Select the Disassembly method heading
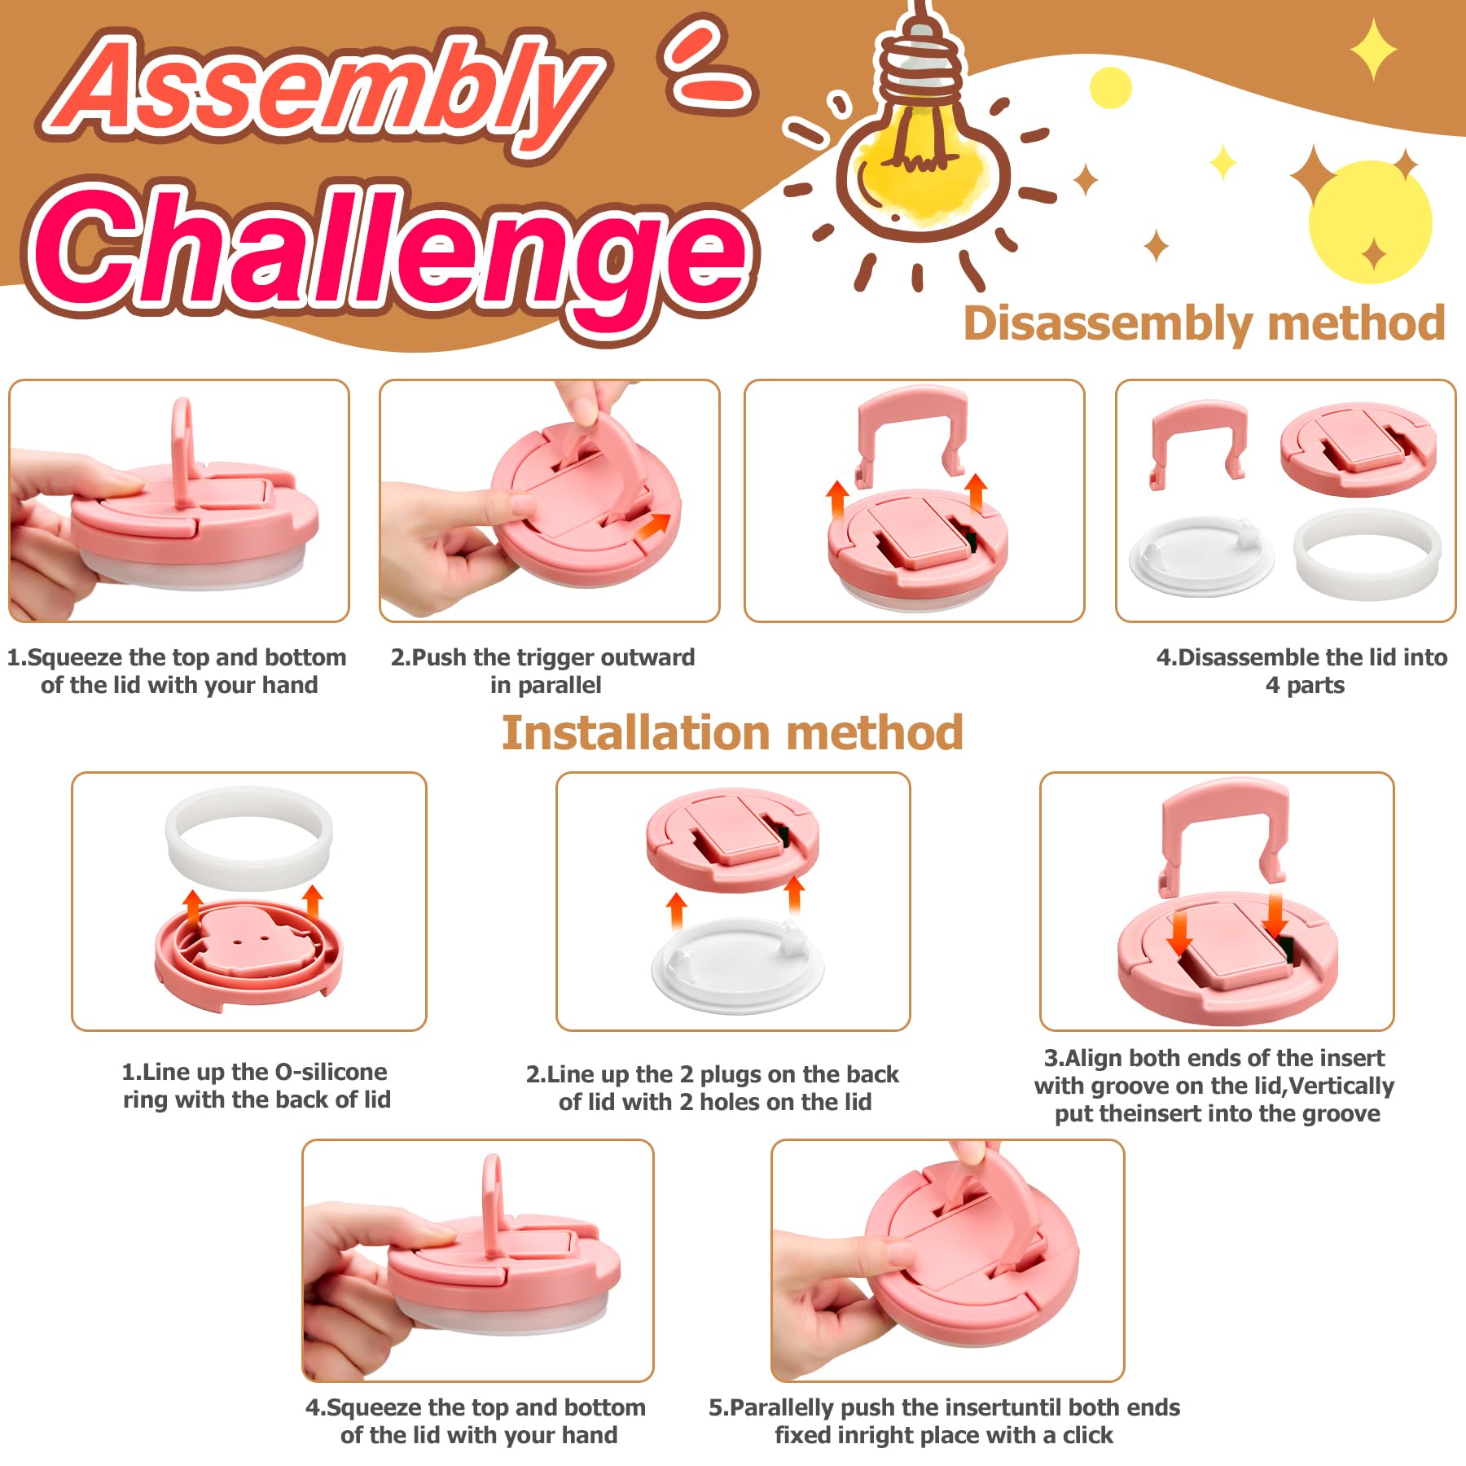point(1204,323)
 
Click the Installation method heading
point(732,732)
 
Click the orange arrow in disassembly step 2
point(652,527)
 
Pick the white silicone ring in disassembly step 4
point(1367,554)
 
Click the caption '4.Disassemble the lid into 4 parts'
point(1301,670)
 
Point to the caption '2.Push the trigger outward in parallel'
point(543,670)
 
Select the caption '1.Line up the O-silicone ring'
point(256,1085)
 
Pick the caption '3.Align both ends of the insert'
point(1215,1085)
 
